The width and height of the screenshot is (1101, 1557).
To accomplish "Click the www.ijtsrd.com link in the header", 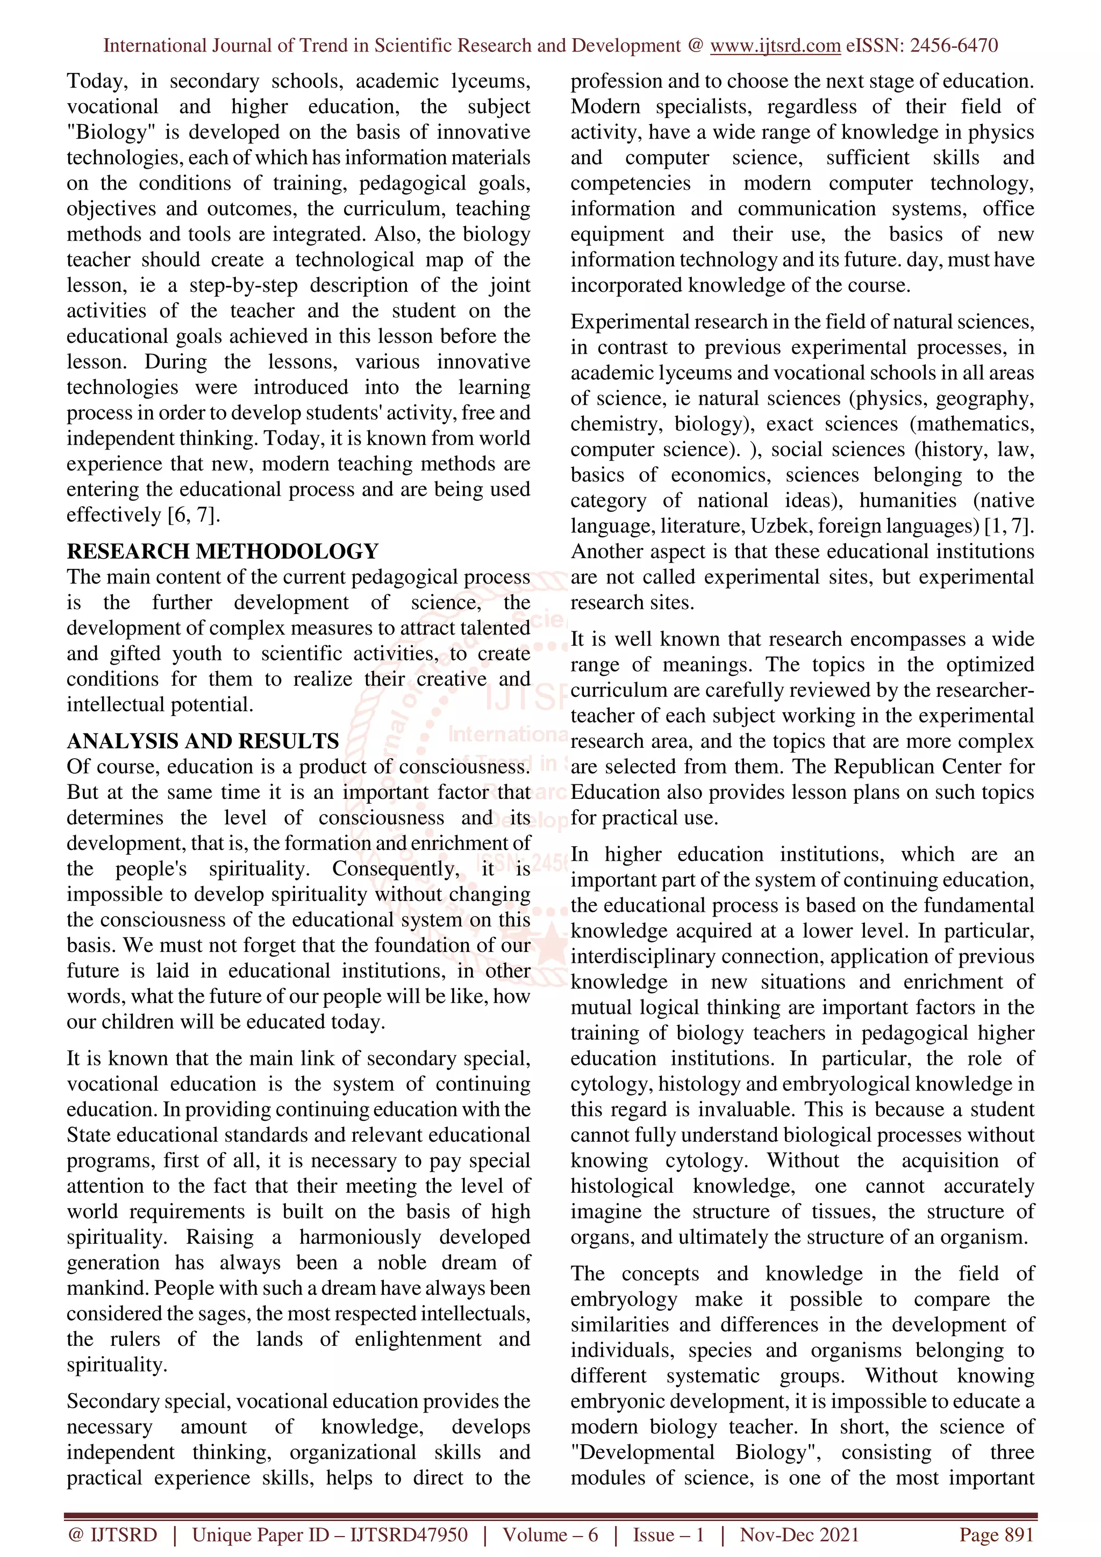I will pos(775,46).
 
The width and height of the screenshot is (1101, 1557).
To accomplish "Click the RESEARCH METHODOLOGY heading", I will pos(223,551).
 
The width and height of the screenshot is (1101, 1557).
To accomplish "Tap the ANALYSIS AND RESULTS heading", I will pos(202,741).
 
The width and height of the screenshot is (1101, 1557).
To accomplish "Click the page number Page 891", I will pos(996,1534).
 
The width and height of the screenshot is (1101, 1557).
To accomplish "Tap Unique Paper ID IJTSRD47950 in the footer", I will pos(330,1534).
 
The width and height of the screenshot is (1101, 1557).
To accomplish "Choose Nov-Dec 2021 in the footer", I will pos(799,1534).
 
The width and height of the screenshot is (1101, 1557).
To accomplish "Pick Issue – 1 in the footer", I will pos(668,1534).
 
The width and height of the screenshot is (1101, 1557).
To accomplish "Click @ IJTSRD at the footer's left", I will pos(112,1534).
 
